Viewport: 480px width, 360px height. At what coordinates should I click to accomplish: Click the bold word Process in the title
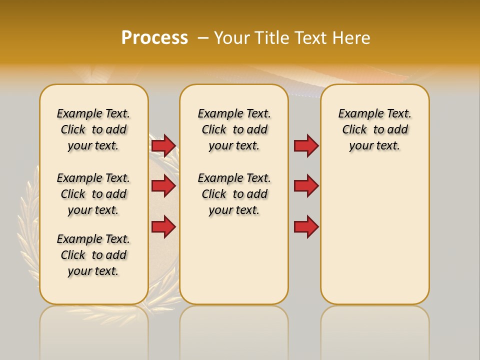click(x=154, y=38)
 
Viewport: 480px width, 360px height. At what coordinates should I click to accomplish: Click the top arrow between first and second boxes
click(x=163, y=145)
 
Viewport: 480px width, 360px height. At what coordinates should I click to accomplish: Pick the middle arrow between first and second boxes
click(x=163, y=186)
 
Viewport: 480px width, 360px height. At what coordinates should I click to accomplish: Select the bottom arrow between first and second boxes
click(x=163, y=226)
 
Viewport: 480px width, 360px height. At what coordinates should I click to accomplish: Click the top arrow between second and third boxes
click(x=306, y=145)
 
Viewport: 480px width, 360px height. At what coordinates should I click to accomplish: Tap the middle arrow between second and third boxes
click(x=306, y=186)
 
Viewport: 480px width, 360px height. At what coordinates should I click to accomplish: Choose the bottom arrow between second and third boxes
click(x=306, y=226)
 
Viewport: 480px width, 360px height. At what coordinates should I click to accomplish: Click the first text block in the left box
click(x=93, y=129)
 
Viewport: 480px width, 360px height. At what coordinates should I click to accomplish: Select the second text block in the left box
click(x=93, y=194)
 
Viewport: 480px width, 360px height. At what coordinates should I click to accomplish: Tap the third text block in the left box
click(x=93, y=255)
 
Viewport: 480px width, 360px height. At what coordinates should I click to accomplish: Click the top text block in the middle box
click(x=234, y=129)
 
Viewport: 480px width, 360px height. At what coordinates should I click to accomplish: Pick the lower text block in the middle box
click(x=234, y=194)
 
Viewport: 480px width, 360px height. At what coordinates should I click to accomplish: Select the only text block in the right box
click(x=374, y=129)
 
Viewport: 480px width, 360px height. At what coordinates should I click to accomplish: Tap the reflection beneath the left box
click(x=93, y=330)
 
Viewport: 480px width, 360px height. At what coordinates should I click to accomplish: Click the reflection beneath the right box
click(x=374, y=330)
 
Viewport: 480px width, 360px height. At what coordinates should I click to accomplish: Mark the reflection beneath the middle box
click(x=234, y=330)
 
